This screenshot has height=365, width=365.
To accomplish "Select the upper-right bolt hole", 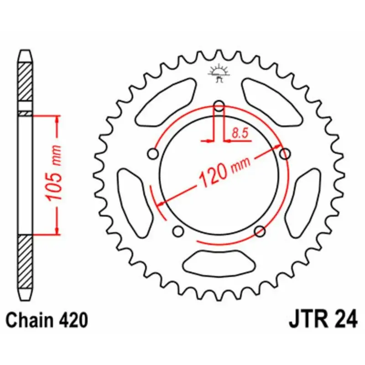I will click(x=285, y=153).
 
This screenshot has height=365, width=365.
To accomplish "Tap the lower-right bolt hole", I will click(x=260, y=230).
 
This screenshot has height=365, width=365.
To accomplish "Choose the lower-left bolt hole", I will click(x=178, y=229).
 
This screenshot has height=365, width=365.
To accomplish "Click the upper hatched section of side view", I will click(x=25, y=82).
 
